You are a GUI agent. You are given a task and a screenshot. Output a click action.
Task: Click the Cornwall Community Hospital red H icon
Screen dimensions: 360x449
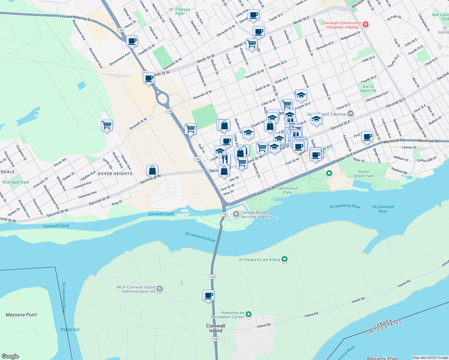coord(366,24)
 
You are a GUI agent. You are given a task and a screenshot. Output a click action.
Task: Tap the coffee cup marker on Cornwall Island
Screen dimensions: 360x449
coord(209,295)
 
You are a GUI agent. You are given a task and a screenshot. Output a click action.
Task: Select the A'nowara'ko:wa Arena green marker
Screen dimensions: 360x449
coord(285,259)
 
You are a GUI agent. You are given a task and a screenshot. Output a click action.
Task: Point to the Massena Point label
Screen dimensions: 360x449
coord(21,315)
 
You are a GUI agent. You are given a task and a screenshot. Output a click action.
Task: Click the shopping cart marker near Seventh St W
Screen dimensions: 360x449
coord(107,125)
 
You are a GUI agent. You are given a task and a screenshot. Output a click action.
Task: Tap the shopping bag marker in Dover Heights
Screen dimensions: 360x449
coord(152,171)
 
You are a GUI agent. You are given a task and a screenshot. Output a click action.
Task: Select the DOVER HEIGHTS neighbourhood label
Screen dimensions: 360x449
coord(115,174)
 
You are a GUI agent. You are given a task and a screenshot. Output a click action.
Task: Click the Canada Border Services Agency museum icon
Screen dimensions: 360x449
coord(236,214)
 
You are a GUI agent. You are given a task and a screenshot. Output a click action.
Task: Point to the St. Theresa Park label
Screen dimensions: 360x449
coord(179,11)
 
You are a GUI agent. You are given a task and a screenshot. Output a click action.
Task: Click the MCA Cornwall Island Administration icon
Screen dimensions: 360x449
coord(160,289)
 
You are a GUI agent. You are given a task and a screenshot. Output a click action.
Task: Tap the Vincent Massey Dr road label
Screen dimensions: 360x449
coord(75,18)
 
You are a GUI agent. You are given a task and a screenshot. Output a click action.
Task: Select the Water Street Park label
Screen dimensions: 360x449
coord(363,174)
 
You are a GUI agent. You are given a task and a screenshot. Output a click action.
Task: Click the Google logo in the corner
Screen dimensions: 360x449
coord(10,356)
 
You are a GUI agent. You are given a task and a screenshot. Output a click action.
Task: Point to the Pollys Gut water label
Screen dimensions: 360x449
coord(70,329)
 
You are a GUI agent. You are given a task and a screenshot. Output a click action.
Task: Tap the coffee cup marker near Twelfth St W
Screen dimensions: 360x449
coord(132,41)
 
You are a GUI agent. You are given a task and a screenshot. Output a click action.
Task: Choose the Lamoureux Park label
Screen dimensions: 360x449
coord(287,190)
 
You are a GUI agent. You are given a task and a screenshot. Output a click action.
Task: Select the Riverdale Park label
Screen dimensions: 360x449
coord(16,182)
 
